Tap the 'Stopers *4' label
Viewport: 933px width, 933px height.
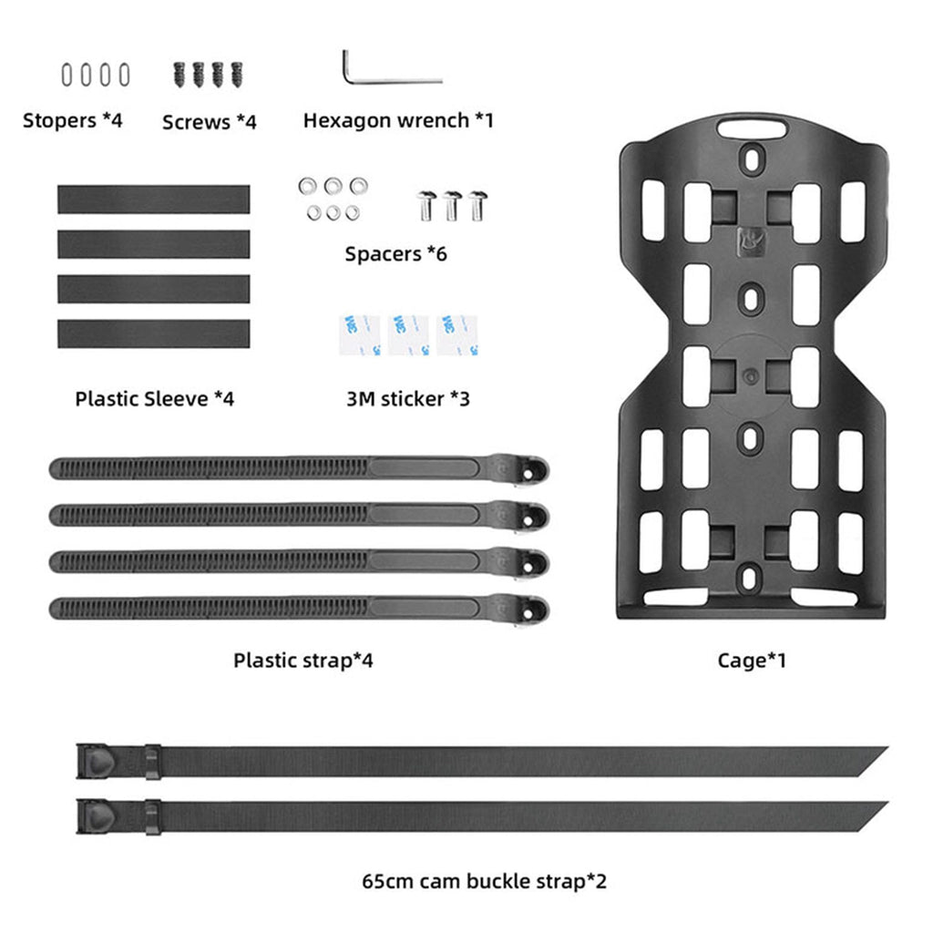(x=72, y=120)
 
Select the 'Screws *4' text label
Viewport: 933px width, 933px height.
(x=209, y=122)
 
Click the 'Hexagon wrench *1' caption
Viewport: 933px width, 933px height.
(x=398, y=120)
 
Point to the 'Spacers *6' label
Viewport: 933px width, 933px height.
(x=395, y=254)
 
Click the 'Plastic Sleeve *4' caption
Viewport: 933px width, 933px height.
(x=154, y=399)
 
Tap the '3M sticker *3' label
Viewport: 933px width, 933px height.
(x=407, y=399)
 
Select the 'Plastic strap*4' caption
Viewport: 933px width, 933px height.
(x=302, y=660)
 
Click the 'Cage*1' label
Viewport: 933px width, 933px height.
(x=752, y=660)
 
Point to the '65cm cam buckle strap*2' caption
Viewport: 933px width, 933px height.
(x=484, y=881)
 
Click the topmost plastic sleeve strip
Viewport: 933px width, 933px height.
(x=153, y=200)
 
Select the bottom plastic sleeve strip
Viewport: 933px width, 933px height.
(x=153, y=333)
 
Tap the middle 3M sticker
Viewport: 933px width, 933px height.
(x=408, y=335)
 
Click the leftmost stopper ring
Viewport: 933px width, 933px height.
(x=67, y=76)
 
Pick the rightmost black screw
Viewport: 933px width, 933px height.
(x=238, y=75)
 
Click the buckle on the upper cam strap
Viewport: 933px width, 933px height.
(x=96, y=761)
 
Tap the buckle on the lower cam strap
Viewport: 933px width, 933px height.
(x=96, y=816)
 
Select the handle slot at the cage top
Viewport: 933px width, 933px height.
(x=752, y=128)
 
